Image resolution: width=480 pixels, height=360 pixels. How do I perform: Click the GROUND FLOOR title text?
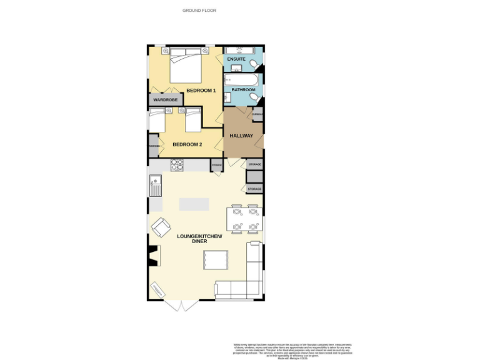tap(199, 11)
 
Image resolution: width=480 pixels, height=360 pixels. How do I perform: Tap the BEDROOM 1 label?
tap(201, 91)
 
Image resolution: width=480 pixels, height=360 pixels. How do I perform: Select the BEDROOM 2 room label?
tap(187, 144)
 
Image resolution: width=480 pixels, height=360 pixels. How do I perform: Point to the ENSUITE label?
tap(236, 59)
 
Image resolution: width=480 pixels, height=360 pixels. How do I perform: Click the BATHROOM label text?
tap(243, 90)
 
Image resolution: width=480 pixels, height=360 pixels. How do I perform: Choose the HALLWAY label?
tap(241, 136)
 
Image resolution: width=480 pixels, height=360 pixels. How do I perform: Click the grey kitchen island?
tap(194, 204)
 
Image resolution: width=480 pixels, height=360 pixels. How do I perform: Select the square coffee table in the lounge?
tap(216, 259)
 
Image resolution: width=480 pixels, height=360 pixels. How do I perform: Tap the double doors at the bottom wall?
tap(181, 306)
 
